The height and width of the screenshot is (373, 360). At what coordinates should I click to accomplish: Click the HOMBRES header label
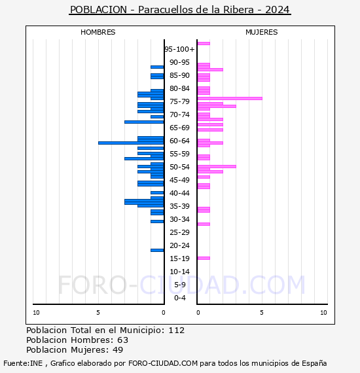(98, 32)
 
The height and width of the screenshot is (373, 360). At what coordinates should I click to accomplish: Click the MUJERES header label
(262, 32)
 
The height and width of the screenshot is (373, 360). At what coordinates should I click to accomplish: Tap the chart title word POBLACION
(99, 10)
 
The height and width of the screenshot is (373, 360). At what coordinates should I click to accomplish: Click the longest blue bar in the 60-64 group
(131, 143)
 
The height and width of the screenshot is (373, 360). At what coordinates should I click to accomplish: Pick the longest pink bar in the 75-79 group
(230, 98)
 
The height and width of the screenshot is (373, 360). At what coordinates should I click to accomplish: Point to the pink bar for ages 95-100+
(204, 43)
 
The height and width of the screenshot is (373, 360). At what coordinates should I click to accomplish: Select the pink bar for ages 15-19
(204, 258)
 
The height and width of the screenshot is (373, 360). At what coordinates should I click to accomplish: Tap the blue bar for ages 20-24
(157, 250)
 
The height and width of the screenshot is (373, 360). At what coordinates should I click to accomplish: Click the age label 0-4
(180, 298)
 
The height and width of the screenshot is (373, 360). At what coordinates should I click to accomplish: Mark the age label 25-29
(180, 232)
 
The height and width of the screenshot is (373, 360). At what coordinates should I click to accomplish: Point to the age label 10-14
(180, 272)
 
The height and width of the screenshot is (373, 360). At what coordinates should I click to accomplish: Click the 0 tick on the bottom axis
(164, 313)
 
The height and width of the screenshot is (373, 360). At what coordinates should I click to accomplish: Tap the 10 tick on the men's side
(36, 313)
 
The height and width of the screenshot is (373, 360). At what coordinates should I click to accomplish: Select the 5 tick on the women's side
(261, 313)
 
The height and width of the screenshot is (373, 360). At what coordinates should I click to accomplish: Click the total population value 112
(176, 330)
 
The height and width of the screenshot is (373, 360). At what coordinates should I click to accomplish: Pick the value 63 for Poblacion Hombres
(122, 340)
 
